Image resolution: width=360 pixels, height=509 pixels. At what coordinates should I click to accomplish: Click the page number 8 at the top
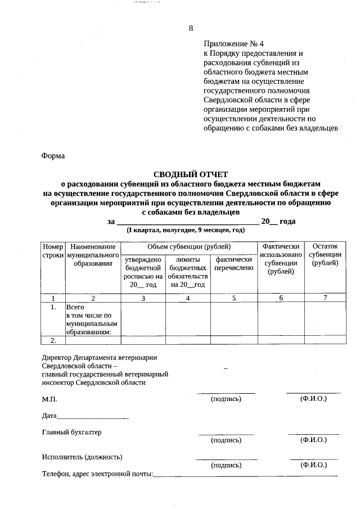pos(191,28)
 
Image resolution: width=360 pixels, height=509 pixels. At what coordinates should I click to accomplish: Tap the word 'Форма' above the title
pos(53,156)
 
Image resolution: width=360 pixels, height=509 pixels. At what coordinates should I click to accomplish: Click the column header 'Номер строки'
pos(53,251)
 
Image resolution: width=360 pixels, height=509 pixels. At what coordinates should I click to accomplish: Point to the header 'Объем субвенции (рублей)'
pos(188,247)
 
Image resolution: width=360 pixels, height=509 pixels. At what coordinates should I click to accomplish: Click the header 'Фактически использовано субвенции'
pos(281,259)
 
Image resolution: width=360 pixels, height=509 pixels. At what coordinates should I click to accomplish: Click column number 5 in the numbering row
pos(233,298)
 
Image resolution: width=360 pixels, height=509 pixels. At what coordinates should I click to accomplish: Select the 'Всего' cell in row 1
pos(75,308)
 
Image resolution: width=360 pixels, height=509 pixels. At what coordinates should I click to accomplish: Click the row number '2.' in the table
pos(53,340)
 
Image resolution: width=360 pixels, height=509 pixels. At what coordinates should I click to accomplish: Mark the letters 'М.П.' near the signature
pos(49,399)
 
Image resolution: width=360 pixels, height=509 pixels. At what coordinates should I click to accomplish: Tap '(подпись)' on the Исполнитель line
pos(226,465)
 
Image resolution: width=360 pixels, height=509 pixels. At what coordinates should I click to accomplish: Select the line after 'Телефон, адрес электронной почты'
pos(245,476)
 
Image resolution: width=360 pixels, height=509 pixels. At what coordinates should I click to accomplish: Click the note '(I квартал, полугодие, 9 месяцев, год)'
pos(186,231)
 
